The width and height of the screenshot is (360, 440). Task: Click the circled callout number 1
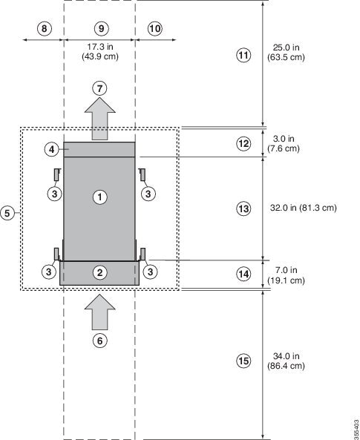click(x=99, y=197)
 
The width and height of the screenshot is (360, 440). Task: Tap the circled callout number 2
click(x=99, y=272)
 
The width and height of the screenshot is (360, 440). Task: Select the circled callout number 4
click(x=52, y=150)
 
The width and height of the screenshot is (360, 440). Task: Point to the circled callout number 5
click(x=7, y=213)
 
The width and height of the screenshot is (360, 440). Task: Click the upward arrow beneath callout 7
click(x=100, y=119)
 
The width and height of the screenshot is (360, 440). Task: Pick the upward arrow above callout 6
click(x=100, y=312)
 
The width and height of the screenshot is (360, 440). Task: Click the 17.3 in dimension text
click(x=100, y=46)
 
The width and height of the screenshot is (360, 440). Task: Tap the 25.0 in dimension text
click(x=286, y=47)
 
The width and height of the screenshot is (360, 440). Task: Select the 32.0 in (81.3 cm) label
click(x=304, y=208)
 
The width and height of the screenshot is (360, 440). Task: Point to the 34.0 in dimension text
click(x=287, y=356)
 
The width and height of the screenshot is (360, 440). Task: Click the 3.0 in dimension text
click(x=284, y=139)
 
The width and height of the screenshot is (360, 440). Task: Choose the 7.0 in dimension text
click(x=286, y=270)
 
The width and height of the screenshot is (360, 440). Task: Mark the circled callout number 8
click(x=45, y=29)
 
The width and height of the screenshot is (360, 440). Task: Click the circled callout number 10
click(x=155, y=29)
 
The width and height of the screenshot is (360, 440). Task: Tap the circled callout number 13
click(x=243, y=209)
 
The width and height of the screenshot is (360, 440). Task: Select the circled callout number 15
click(x=243, y=361)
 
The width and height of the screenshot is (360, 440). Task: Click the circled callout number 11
click(x=243, y=55)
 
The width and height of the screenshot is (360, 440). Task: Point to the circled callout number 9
click(x=101, y=28)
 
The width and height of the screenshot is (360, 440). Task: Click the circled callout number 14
click(x=243, y=274)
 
